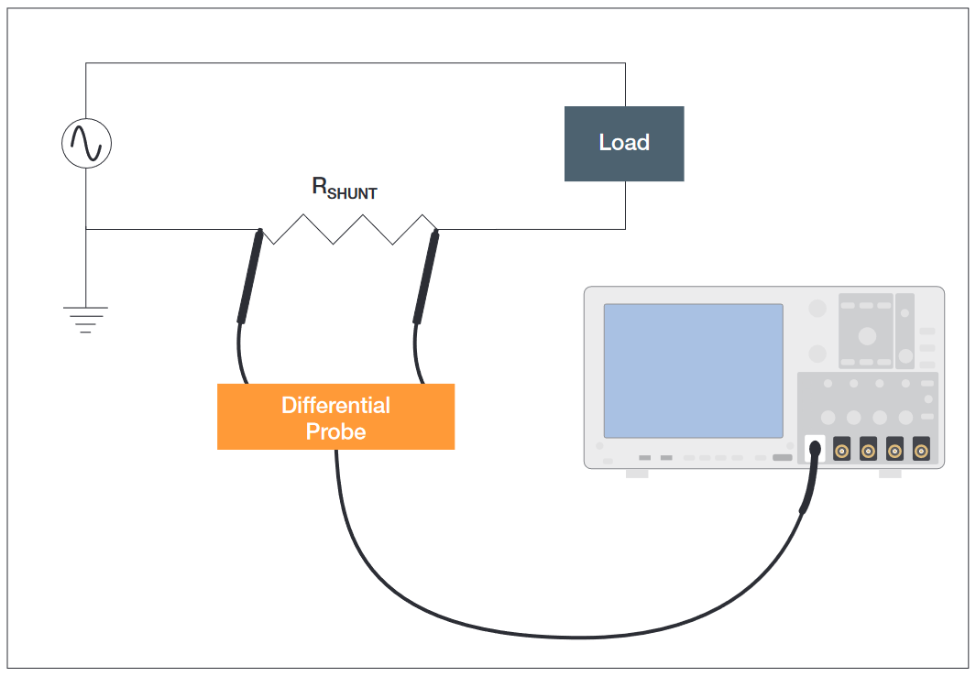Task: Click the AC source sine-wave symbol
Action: (86, 144)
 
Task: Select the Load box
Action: (623, 143)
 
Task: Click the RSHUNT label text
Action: (344, 189)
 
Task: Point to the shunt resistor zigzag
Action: (348, 229)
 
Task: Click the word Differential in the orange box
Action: (335, 405)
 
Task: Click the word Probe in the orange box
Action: (335, 431)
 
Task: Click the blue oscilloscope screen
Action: (693, 370)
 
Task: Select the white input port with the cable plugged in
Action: (815, 449)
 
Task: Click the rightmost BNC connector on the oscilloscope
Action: (921, 449)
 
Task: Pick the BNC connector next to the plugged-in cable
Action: (841, 449)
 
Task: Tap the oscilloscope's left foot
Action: (636, 474)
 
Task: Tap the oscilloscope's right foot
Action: (890, 474)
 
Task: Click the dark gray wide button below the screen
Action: (782, 457)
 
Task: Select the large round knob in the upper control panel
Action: (867, 336)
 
